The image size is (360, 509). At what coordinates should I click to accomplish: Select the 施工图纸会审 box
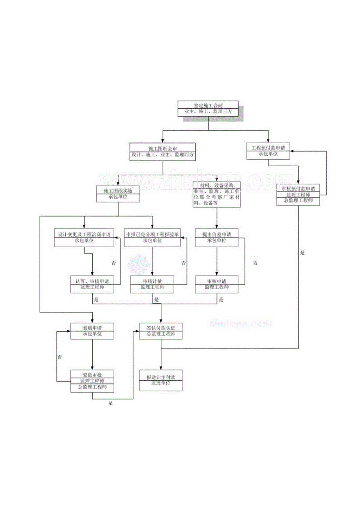[x=162, y=151]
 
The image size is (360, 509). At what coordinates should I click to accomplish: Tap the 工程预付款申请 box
[x=268, y=151]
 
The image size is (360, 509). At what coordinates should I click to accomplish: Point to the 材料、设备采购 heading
[x=217, y=185]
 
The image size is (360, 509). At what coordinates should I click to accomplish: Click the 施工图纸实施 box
[x=118, y=194]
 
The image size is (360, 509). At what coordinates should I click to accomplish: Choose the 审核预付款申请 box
[x=299, y=194]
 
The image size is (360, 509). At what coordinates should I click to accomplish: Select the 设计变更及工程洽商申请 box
[x=84, y=238]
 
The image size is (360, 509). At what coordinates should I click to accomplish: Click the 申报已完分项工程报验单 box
[x=152, y=238]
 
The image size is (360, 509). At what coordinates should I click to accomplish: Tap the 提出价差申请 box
[x=217, y=238]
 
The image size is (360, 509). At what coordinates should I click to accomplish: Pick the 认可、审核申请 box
[x=92, y=284]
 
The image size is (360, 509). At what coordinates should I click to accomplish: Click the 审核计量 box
[x=152, y=284]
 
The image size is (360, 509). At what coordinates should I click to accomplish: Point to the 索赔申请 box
[x=92, y=331]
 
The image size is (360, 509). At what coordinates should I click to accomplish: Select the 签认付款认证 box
[x=161, y=331]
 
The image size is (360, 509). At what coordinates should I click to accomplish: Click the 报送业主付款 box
[x=161, y=380]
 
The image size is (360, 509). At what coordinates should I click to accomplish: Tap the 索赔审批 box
[x=92, y=381]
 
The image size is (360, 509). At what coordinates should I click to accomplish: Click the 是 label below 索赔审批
[x=111, y=403]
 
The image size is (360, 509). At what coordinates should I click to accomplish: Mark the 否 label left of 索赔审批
[x=60, y=357]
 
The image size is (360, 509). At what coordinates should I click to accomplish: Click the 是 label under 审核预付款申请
[x=302, y=253]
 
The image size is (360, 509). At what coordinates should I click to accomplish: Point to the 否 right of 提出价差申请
[x=255, y=263]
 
